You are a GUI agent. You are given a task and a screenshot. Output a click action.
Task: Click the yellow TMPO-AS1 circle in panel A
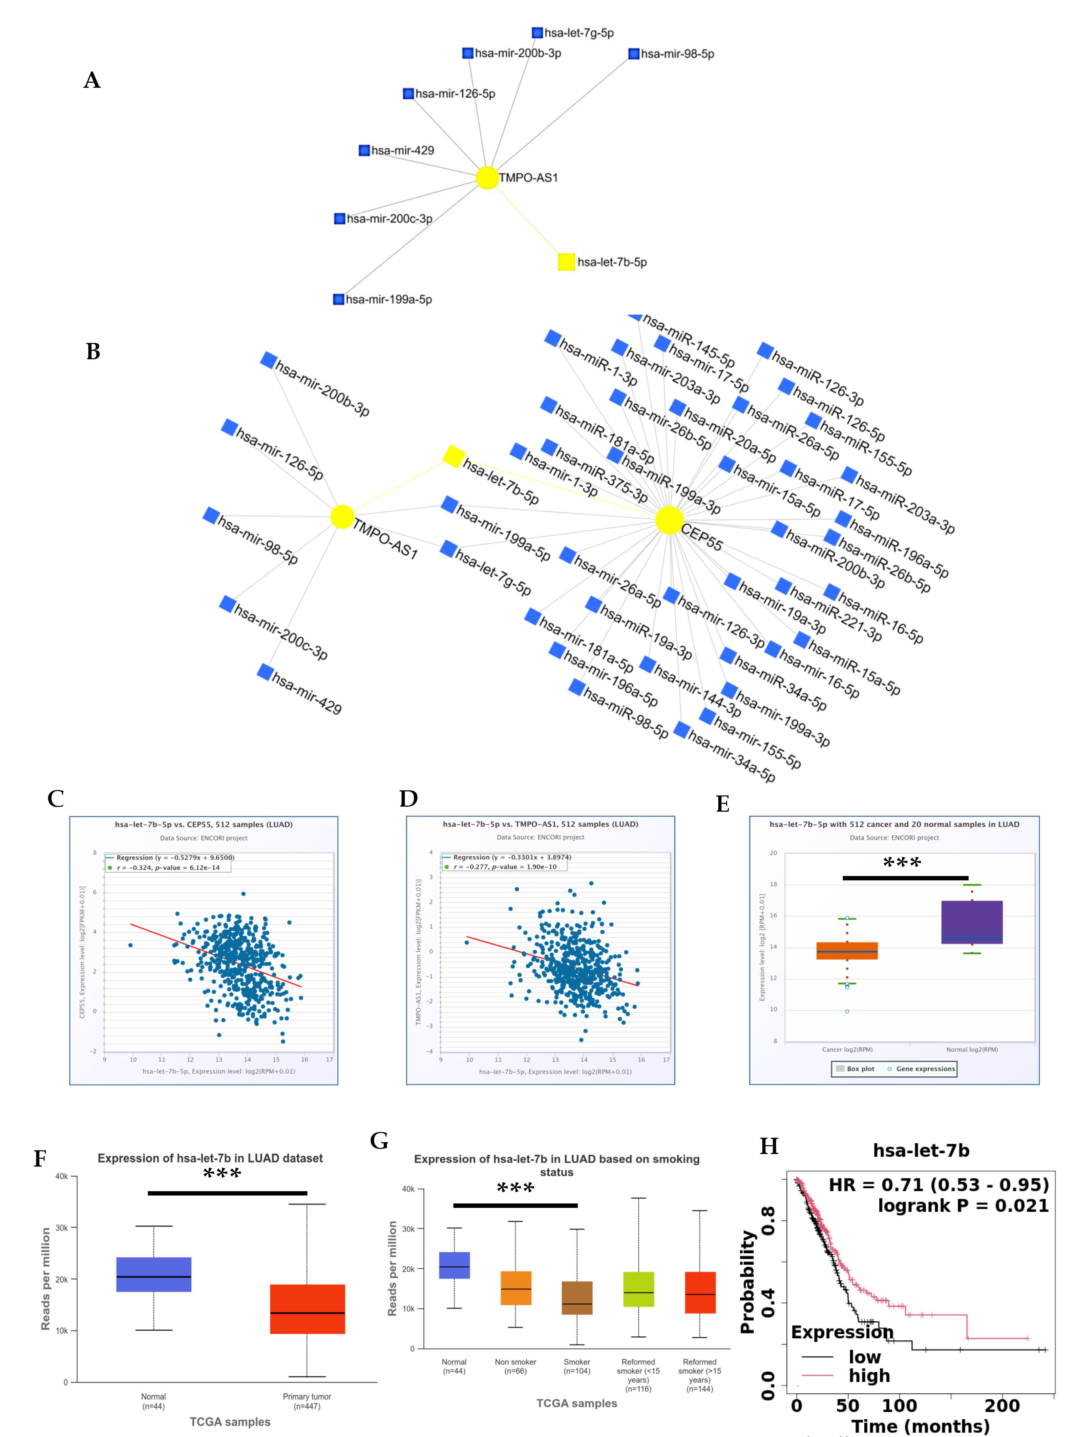point(487,177)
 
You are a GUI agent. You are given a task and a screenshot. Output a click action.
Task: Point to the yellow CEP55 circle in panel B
point(669,520)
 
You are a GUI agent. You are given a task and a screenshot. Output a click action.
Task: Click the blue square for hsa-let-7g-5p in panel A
point(537,33)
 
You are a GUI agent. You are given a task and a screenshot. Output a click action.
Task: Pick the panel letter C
point(56,798)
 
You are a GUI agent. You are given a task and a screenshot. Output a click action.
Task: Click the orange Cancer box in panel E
point(847,950)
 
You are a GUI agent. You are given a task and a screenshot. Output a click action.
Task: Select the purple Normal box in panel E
point(971,922)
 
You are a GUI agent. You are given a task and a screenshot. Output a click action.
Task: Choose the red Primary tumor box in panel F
point(307,1309)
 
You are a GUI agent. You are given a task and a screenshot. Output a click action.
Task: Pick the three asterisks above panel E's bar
point(902,863)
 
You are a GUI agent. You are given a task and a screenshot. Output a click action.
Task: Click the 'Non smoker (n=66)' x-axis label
point(515,1366)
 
